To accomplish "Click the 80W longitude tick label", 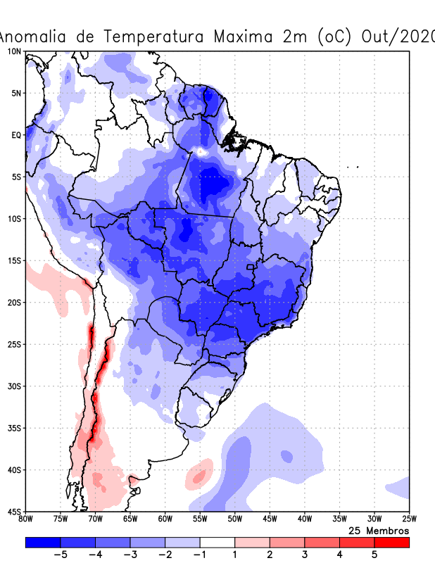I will point(26,519).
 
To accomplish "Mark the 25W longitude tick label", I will point(408,519).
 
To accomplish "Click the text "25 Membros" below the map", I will point(379,530).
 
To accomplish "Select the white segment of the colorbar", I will point(217,542).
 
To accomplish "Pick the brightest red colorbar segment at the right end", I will point(391,542).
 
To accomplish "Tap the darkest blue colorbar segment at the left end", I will point(43,542).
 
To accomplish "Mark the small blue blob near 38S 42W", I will point(286,456).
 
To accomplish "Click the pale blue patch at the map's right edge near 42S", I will point(400,486).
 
